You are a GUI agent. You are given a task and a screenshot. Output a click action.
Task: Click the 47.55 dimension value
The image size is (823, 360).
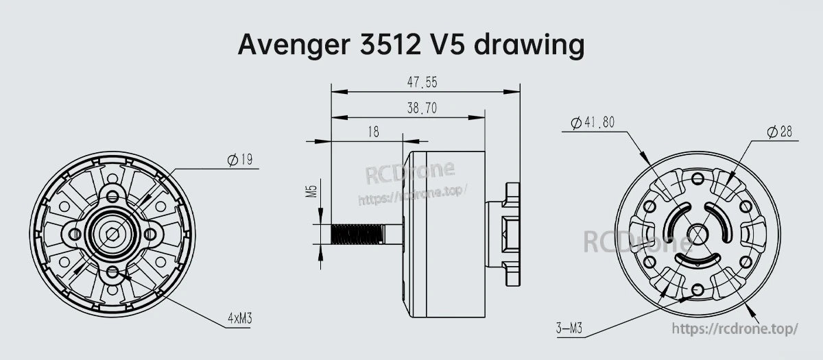[x=422, y=82]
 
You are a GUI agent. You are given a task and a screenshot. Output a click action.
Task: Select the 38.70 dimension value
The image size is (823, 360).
[x=422, y=108]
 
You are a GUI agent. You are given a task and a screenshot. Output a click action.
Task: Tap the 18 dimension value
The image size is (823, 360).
[x=373, y=132]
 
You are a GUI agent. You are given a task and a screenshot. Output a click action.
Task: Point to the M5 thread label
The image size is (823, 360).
[x=311, y=191]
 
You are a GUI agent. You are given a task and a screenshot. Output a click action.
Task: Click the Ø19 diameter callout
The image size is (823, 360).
[x=240, y=160]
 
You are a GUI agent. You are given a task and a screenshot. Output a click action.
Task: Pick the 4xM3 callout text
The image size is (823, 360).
[x=240, y=318]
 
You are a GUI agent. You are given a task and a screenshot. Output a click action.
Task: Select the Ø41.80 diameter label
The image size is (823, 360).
[x=593, y=122]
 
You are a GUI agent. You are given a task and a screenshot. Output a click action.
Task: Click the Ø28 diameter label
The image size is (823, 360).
[x=780, y=132]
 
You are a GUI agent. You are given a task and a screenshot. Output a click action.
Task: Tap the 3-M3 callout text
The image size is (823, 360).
[x=569, y=328]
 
